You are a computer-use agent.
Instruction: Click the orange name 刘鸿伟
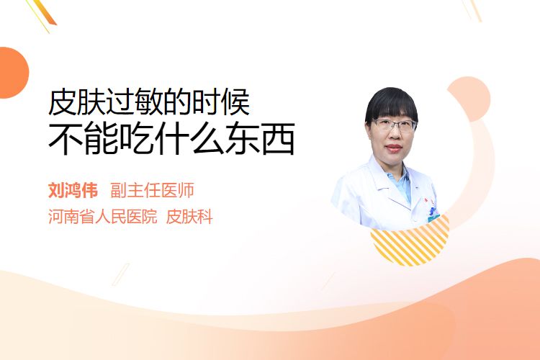pyautogui.click(x=73, y=190)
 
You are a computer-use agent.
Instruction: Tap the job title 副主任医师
pyautogui.click(x=152, y=190)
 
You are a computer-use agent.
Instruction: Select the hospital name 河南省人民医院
pyautogui.click(x=103, y=217)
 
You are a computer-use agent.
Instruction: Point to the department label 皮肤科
pyautogui.click(x=189, y=217)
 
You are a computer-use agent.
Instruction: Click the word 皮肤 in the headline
pyautogui.click(x=76, y=102)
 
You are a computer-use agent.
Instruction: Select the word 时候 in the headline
pyautogui.click(x=221, y=102)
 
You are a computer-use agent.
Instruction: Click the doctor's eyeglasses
pyautogui.click(x=394, y=125)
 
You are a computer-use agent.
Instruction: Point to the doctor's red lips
pyautogui.click(x=394, y=148)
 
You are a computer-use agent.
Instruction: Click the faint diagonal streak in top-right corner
pyautogui.click(x=472, y=10)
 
